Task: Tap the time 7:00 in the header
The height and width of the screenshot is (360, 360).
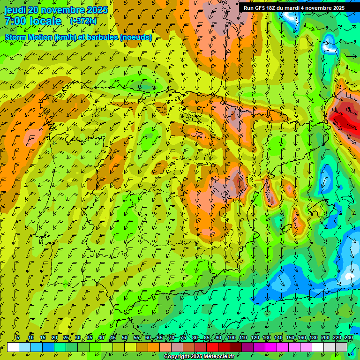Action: [15, 21]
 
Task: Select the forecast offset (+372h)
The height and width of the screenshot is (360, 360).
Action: [83, 21]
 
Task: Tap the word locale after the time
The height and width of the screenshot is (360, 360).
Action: [45, 21]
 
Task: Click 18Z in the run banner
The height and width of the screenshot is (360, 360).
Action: [273, 8]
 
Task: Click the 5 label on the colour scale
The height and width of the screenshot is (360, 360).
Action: [18, 337]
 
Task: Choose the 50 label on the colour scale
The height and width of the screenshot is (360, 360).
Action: [124, 337]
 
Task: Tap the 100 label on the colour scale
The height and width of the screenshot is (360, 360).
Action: [231, 337]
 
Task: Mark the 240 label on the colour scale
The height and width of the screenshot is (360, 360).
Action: [348, 337]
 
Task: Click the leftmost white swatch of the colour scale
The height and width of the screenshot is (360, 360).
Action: [13, 347]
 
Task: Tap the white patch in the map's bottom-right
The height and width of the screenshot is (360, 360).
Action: [350, 276]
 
